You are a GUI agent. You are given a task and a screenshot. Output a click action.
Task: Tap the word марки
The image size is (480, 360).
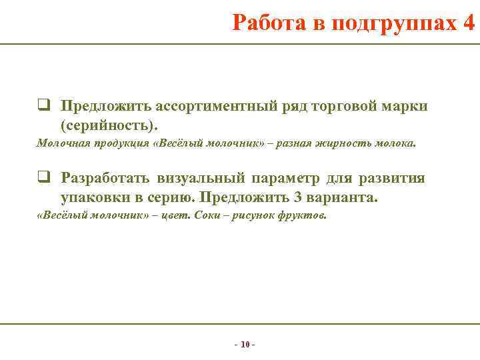pos(406,106)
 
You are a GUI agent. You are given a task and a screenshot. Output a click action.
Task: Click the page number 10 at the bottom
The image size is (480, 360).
pos(245,345)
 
